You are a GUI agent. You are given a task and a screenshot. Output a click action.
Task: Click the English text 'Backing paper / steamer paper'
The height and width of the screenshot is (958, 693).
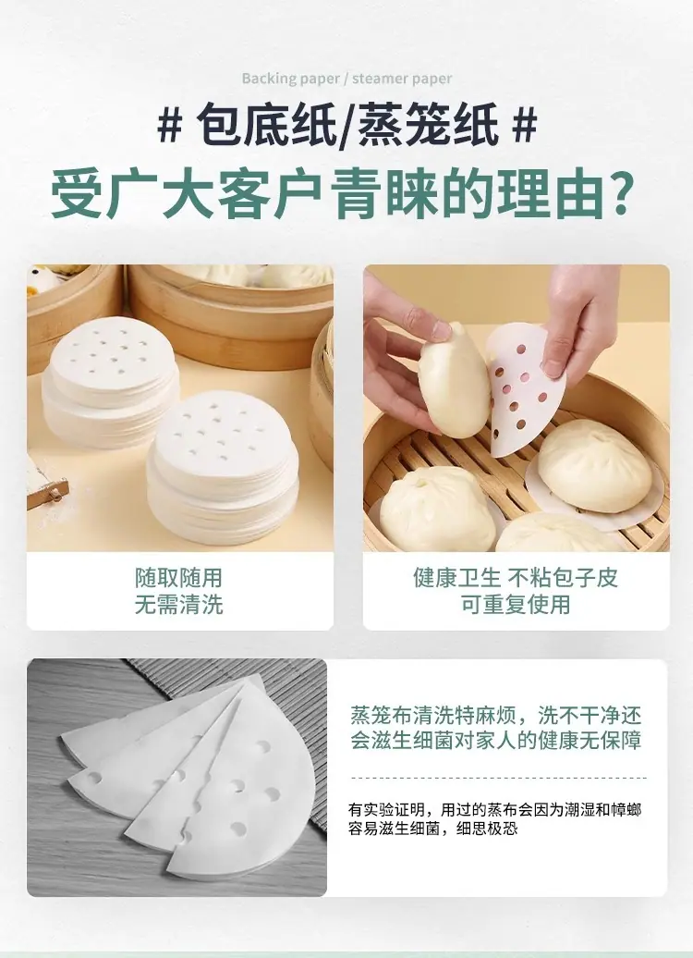coord(346,79)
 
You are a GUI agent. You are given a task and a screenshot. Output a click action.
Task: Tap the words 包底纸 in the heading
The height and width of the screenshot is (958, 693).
coord(266,125)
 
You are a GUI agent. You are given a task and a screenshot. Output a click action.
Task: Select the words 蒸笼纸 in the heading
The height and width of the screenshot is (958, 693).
coord(428,125)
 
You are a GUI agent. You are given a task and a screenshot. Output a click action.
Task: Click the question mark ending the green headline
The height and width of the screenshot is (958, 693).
coord(622,193)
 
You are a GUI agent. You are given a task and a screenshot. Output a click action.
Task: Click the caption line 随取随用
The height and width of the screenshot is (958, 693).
coord(179,577)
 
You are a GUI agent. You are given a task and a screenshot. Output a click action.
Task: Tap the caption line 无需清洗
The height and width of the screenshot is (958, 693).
coord(179,604)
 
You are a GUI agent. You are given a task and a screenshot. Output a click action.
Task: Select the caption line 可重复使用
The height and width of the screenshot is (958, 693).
coord(516,604)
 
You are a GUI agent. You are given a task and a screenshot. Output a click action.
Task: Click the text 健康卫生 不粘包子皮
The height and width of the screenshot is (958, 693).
coord(516,577)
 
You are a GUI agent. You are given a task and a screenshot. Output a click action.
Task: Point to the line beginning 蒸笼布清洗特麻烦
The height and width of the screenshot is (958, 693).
coord(496,714)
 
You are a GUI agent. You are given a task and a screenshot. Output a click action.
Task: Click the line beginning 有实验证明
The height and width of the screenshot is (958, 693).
coord(495,810)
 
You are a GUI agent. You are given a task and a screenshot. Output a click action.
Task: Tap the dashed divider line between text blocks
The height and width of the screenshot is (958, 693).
coord(498,778)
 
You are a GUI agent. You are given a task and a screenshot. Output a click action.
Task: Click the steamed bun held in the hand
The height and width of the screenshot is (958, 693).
coord(454,381)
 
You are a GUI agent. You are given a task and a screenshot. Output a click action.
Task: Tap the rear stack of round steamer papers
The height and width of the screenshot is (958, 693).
coord(111,380)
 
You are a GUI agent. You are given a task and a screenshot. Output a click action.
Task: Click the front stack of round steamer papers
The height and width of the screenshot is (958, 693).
coord(223,466)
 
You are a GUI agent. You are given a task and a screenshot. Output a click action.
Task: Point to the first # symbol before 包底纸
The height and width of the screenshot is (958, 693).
coord(169,125)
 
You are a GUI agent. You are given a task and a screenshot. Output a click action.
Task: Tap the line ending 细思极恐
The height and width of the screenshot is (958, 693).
coord(433,829)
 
